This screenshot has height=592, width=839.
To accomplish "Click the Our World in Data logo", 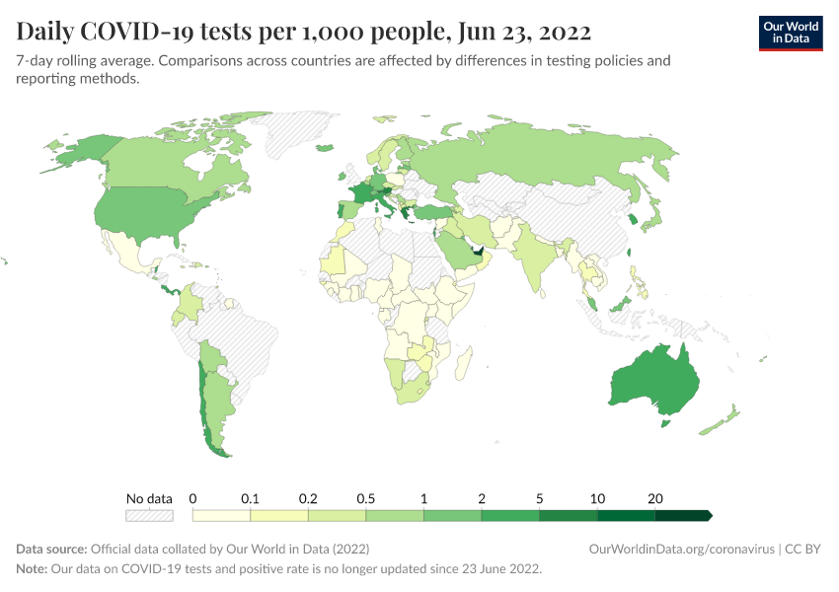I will click(790, 33).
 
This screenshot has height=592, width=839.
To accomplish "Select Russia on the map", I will click(533, 158).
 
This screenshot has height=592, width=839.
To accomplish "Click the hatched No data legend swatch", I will click(149, 515).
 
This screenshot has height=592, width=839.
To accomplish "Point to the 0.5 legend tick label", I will click(365, 498).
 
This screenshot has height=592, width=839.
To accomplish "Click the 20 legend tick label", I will click(654, 498).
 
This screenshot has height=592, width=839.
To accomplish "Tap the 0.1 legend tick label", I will click(251, 498).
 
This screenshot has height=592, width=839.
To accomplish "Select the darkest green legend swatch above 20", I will click(682, 515).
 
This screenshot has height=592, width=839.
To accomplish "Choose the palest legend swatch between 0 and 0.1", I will click(221, 515).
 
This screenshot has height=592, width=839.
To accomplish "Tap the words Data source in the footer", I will click(51, 549).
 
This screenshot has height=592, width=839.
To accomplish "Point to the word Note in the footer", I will click(32, 569).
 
